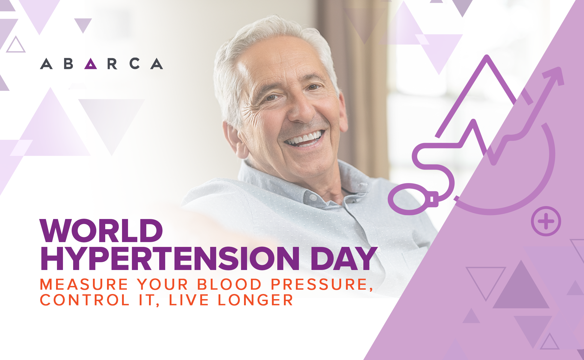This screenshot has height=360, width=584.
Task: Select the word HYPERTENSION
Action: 170,258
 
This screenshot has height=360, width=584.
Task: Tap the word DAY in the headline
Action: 344,258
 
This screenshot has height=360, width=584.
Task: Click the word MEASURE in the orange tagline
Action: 84,284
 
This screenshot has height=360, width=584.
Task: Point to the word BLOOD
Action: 229,284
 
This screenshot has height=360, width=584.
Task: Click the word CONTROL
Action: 85,300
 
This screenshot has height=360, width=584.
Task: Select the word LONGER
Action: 255,300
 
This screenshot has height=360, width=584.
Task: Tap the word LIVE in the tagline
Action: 189,300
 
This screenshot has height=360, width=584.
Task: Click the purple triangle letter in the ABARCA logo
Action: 91,64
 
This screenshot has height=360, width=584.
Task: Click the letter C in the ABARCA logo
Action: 135,64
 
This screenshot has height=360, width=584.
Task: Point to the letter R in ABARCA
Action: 112,64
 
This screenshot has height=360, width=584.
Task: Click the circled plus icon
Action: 546,222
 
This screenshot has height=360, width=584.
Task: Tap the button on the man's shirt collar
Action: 313,198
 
